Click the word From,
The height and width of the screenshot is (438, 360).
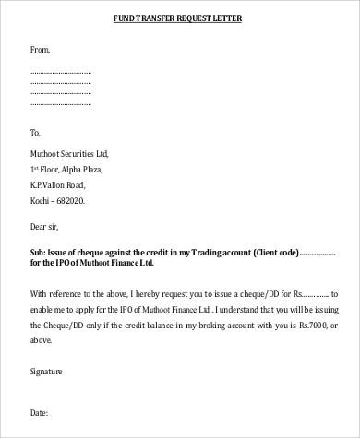tap(41, 49)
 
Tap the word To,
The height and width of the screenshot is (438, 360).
tap(36, 132)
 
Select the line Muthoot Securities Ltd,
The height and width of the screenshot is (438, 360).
tap(70, 153)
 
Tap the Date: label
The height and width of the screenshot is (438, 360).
tap(39, 416)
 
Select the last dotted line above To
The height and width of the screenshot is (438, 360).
tap(60, 103)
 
